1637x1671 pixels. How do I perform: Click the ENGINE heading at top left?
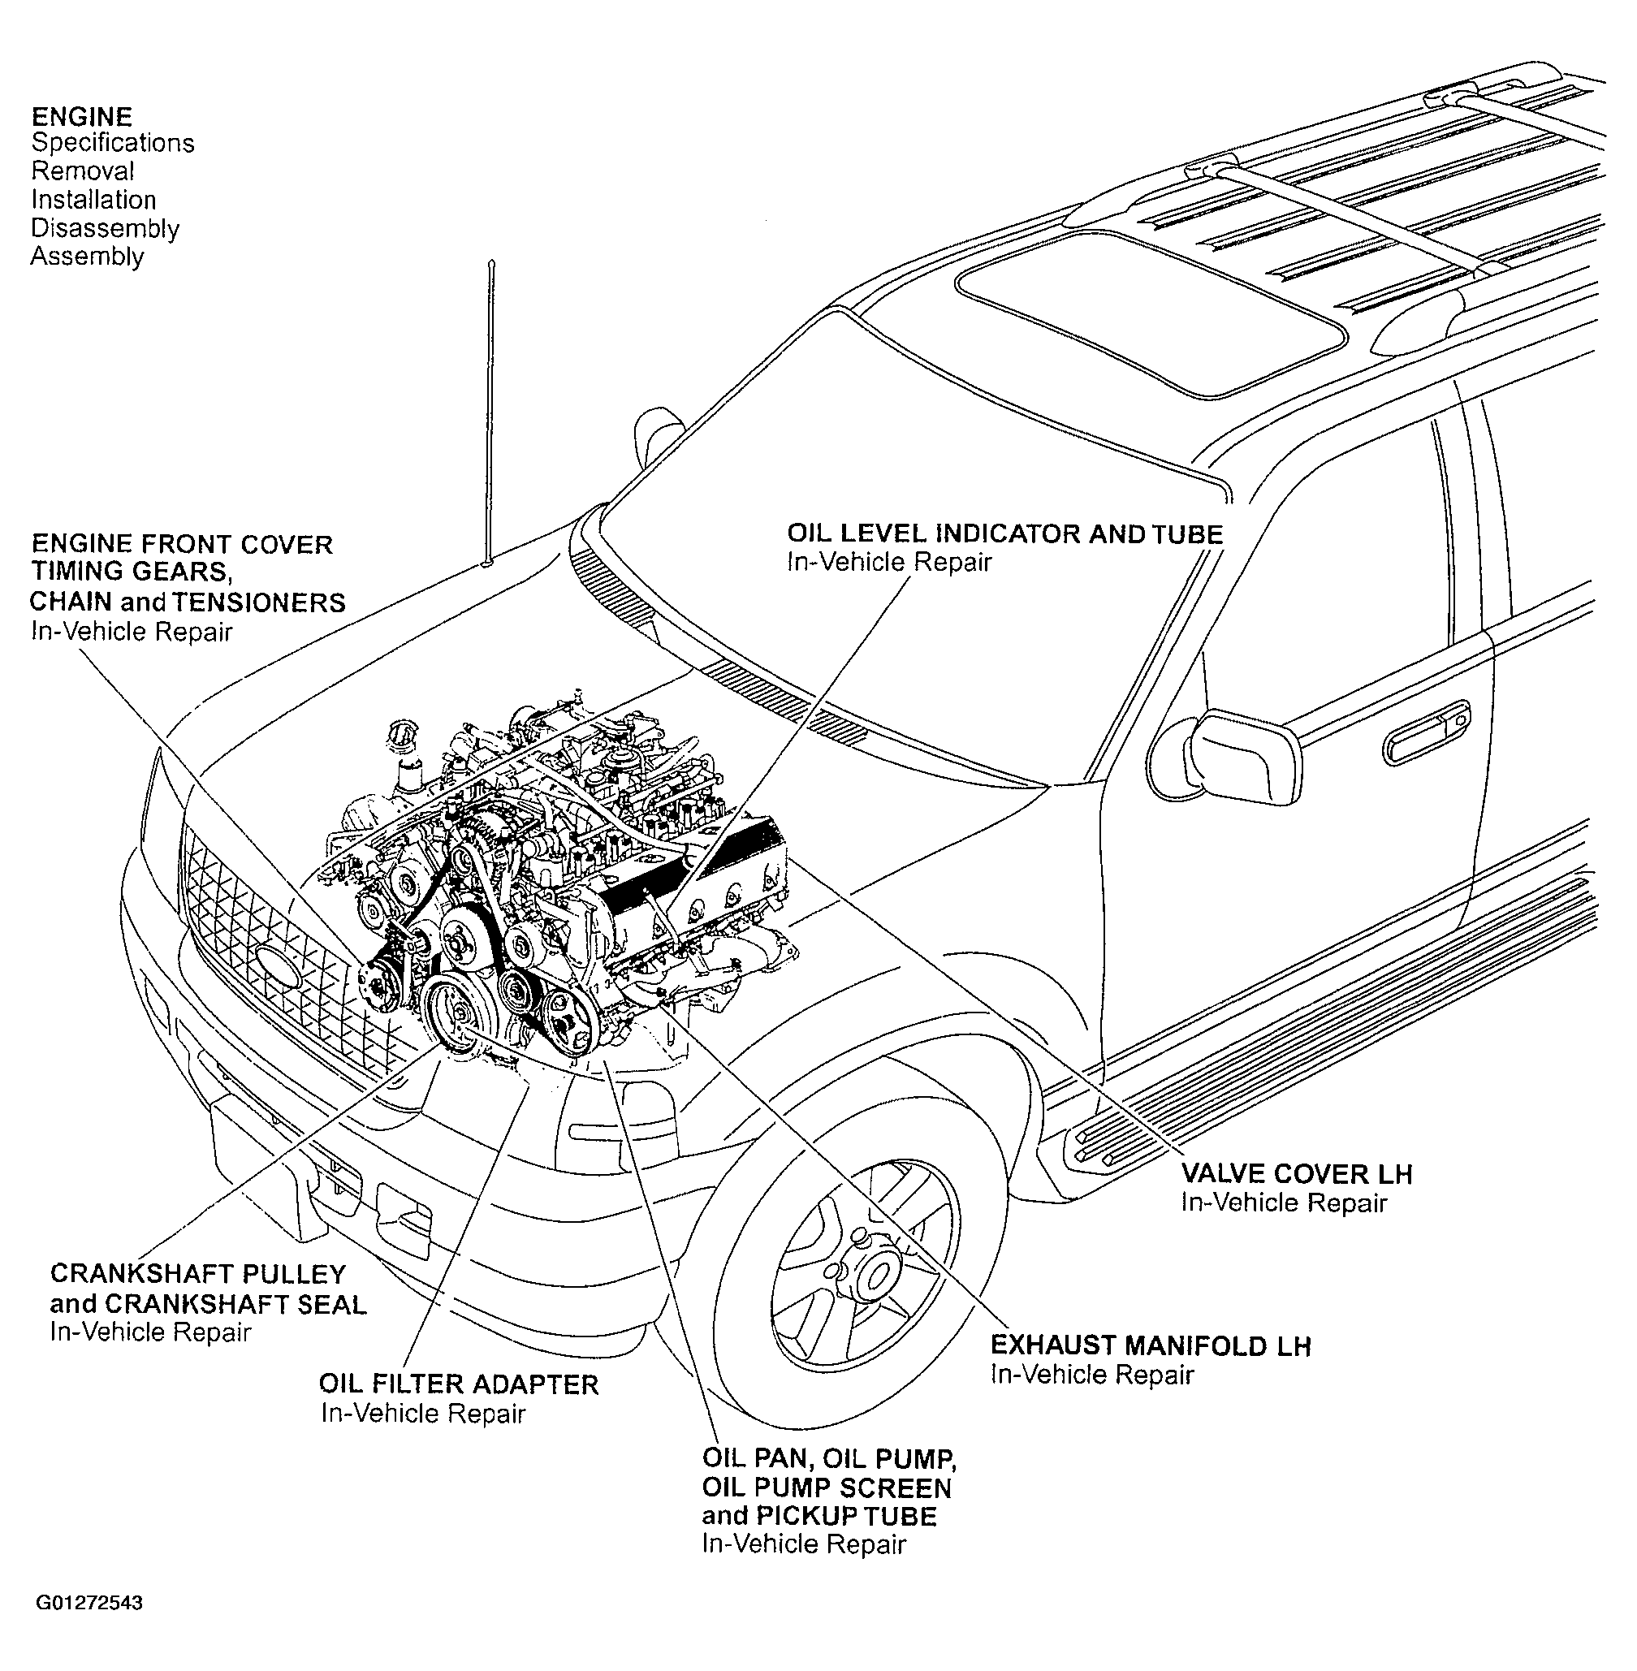pyautogui.click(x=82, y=116)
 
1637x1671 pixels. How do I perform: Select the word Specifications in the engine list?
pyautogui.click(x=113, y=143)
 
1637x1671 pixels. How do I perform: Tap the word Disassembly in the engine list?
pyautogui.click(x=105, y=228)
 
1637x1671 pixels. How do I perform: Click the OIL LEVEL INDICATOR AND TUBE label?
pyautogui.click(x=1005, y=533)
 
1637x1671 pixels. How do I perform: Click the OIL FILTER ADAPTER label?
pyautogui.click(x=459, y=1384)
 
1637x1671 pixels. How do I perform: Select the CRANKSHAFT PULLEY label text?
pyautogui.click(x=198, y=1273)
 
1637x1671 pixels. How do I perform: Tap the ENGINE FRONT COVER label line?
pyautogui.click(x=181, y=544)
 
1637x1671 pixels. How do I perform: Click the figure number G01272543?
pyautogui.click(x=89, y=1603)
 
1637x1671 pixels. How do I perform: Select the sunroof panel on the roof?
pyautogui.click(x=1151, y=313)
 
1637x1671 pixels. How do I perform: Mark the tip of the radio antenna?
pyautogui.click(x=492, y=260)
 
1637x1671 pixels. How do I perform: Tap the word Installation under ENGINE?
pyautogui.click(x=93, y=200)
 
